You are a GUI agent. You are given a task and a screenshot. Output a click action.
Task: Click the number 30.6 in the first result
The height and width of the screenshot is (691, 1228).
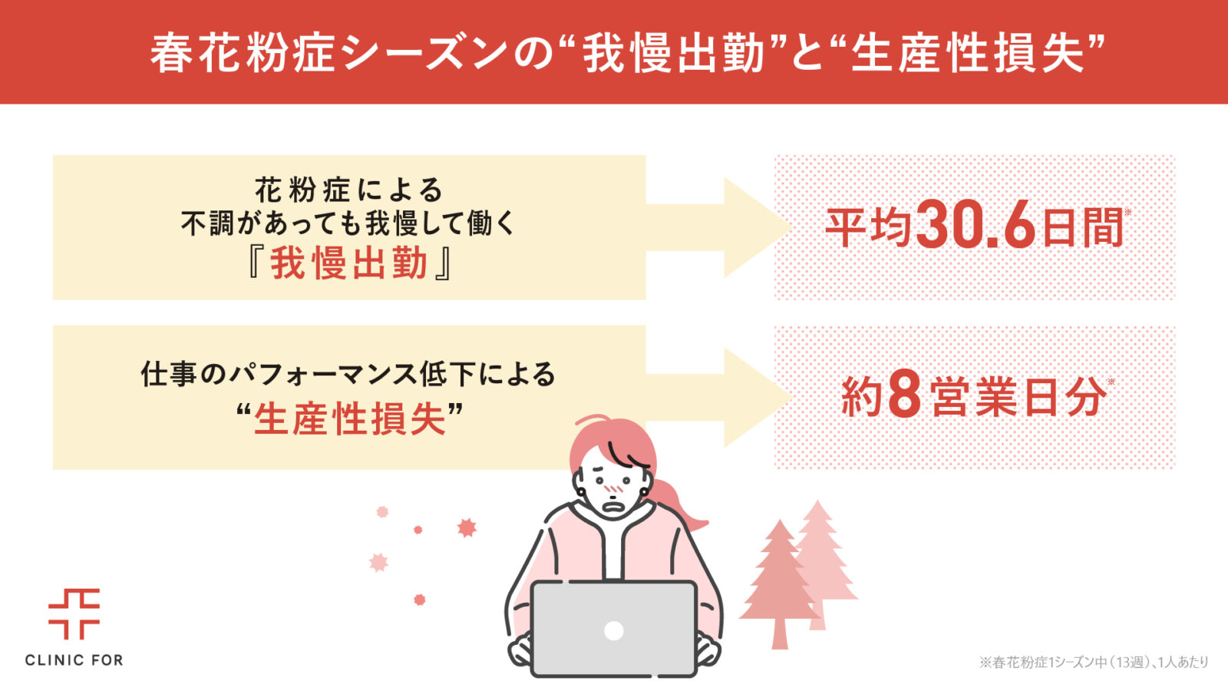975,225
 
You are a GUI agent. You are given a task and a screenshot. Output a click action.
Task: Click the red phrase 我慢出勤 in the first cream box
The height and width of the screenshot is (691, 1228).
348,264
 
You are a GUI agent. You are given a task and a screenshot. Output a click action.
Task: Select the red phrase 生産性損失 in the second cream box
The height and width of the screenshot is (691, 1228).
350,419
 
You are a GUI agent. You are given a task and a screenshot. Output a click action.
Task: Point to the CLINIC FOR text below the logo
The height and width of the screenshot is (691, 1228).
74,660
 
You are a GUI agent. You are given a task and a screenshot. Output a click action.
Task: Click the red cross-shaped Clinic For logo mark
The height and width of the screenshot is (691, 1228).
74,613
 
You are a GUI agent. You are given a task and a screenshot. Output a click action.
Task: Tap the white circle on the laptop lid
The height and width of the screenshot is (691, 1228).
613,630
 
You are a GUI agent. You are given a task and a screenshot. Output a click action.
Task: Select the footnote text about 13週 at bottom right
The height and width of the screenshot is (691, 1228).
1094,663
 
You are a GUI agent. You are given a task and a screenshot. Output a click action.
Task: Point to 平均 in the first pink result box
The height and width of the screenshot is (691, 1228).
868,227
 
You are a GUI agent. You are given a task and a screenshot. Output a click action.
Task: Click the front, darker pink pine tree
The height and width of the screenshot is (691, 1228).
779,584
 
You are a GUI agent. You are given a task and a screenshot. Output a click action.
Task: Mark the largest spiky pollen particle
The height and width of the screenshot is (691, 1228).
467,528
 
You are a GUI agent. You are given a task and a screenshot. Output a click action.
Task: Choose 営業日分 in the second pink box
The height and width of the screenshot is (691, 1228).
1018,397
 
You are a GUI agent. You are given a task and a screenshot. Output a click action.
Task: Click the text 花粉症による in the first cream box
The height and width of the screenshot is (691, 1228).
349,191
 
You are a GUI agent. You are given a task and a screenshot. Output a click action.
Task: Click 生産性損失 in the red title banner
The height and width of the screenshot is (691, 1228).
968,54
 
